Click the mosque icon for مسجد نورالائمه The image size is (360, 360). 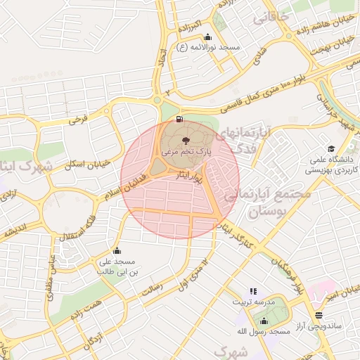[207, 38]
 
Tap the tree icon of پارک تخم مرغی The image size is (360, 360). [186, 141]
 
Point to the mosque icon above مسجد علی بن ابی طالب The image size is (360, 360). [117, 251]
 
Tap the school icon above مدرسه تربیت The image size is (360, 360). [253, 291]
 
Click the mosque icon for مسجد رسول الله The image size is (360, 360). [264, 321]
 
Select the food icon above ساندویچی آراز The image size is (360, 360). [319, 315]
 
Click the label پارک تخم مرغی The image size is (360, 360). [186, 152]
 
